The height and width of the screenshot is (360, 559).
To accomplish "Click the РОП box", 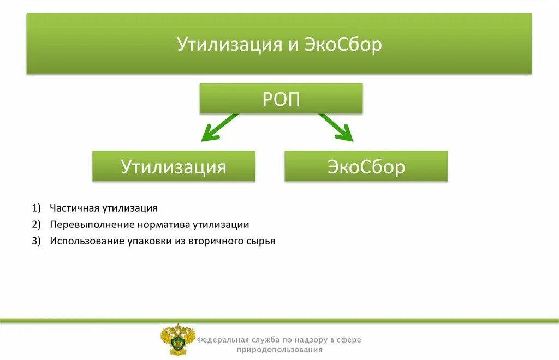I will pos(281,99).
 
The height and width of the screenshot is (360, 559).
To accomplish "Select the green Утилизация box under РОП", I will pos(174,166).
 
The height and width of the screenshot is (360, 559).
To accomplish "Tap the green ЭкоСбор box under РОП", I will pos(366,166).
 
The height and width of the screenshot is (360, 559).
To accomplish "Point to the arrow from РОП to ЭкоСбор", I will pos(336,127).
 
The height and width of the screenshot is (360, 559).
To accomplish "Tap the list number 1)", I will pos(37,208).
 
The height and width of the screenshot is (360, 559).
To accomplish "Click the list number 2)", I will pos(37,224).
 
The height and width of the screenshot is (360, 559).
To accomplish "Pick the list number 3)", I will pos(37,241).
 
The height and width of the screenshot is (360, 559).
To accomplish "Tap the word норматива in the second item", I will pos(147,224).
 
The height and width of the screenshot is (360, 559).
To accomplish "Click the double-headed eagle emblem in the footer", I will pos(177,339).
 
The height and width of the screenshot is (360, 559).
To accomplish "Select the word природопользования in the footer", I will pos(279,350).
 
